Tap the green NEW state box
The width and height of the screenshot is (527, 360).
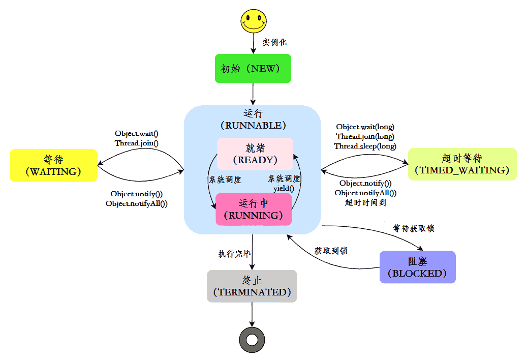coord(253,68)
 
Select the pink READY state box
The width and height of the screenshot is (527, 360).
coord(255,154)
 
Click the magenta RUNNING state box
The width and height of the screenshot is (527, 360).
coord(254,209)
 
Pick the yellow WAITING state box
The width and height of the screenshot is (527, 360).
coord(53,165)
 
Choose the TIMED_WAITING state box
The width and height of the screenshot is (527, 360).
coord(462,164)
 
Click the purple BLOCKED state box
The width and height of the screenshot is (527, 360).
coord(417,267)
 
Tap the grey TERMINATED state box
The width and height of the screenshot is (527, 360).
coord(252,286)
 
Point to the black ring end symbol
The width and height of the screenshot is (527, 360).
coord(252,339)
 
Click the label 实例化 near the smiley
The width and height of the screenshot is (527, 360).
coord(274,42)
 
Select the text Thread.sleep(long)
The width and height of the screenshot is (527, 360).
coord(365,146)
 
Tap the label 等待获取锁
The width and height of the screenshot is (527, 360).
coord(414,228)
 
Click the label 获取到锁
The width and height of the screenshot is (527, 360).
coord(331,251)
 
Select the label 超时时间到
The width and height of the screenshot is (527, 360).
coord(365,202)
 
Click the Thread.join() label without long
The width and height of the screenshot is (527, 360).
coord(137,143)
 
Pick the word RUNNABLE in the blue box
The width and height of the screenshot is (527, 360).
coord(253,125)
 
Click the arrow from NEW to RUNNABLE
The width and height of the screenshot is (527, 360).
coord(253,94)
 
